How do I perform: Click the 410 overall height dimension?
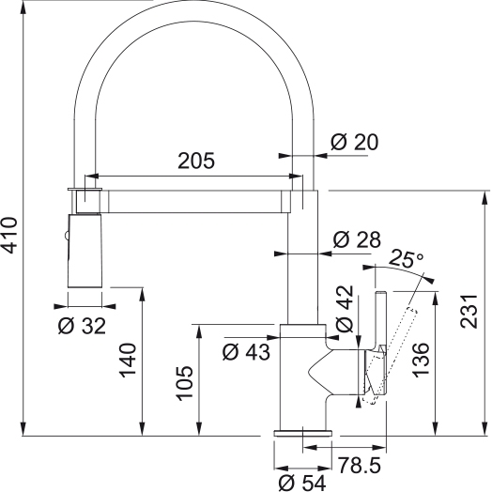tap(8, 235)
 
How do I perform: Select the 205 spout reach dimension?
tap(196, 161)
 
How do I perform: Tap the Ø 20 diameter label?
tap(355, 142)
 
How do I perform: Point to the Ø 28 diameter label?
tap(357, 239)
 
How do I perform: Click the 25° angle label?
tap(407, 259)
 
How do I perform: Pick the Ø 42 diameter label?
tap(345, 309)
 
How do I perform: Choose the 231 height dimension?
tap(469, 312)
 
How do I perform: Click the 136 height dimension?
tap(421, 361)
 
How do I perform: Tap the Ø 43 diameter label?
tap(246, 351)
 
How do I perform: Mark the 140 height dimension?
tap(128, 360)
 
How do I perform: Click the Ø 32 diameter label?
tap(82, 326)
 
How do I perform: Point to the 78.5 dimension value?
tap(360, 465)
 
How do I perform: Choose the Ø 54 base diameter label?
tap(302, 483)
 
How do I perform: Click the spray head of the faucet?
tap(85, 251)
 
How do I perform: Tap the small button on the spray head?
tap(66, 236)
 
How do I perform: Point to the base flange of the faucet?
tap(302, 433)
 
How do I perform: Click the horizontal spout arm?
tap(195, 202)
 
